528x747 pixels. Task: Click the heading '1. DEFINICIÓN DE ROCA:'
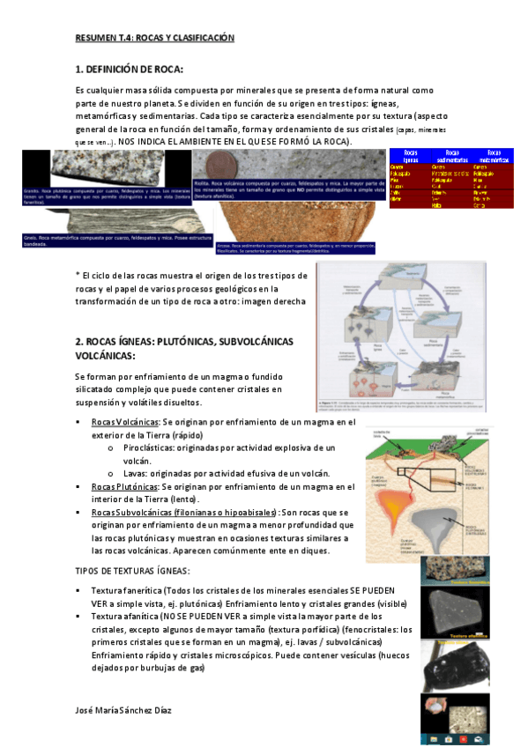[129, 70]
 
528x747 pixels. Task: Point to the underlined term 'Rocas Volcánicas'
[124, 423]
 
